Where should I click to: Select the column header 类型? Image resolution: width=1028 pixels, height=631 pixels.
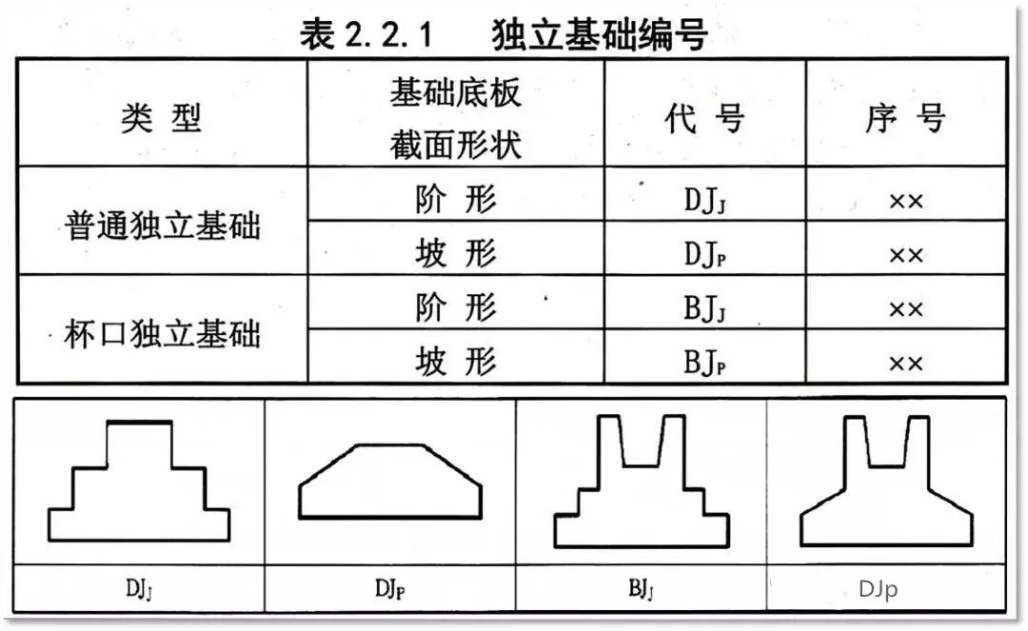162,119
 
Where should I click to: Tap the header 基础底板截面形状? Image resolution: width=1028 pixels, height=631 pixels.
456,119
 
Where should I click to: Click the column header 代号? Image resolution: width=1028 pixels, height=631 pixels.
704,119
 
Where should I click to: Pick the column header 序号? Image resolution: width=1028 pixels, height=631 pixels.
905,119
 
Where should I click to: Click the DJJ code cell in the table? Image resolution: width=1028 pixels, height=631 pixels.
704,201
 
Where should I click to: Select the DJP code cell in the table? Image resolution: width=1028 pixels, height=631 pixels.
704,255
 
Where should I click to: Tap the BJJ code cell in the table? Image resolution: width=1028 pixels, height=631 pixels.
704,309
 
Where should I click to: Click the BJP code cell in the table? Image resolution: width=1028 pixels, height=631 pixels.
704,363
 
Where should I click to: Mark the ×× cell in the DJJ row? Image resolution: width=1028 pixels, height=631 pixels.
905,202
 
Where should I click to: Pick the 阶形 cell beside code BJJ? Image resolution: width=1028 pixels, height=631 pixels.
456,307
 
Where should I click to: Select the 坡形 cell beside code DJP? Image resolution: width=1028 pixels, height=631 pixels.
456,254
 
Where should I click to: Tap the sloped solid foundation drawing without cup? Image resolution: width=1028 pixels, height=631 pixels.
391,483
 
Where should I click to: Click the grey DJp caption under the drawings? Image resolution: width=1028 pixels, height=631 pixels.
878,590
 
